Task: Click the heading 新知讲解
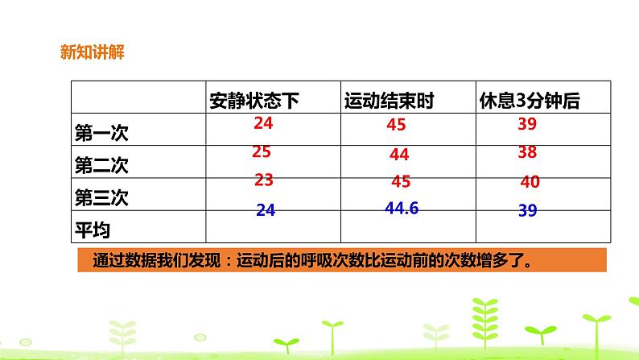[91, 54]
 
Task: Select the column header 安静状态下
[254, 101]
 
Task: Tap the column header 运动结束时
[389, 101]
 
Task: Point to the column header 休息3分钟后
[529, 101]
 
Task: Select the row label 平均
[89, 229]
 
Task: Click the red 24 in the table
[263, 123]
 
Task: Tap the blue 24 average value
[266, 210]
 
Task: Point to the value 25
[261, 151]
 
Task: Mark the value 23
[264, 180]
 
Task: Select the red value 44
[399, 154]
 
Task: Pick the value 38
[527, 151]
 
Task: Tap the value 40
[530, 182]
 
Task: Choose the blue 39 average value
[528, 210]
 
